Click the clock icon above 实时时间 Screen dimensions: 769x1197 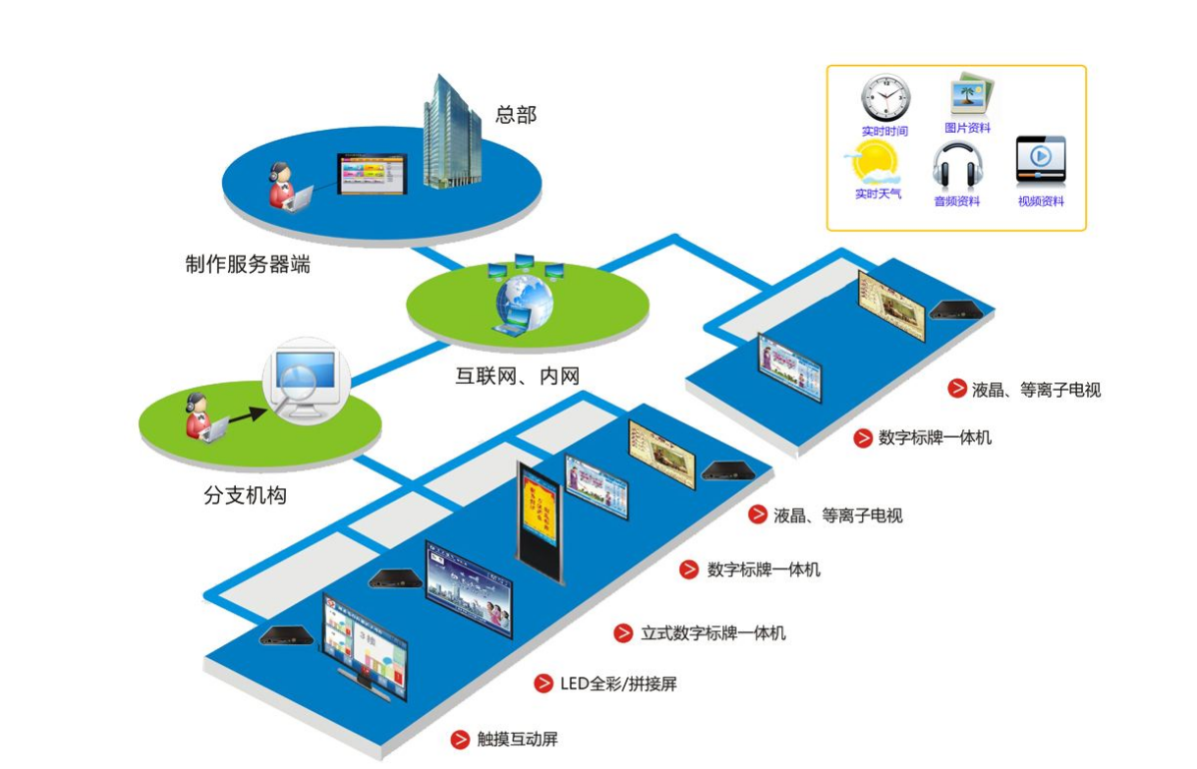(x=884, y=97)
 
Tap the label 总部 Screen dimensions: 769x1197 (x=516, y=115)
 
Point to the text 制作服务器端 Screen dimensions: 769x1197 (x=247, y=264)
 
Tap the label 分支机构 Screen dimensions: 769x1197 (x=245, y=496)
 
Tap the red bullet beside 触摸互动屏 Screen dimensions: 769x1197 (x=459, y=740)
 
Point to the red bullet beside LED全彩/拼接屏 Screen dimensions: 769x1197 (x=543, y=684)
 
